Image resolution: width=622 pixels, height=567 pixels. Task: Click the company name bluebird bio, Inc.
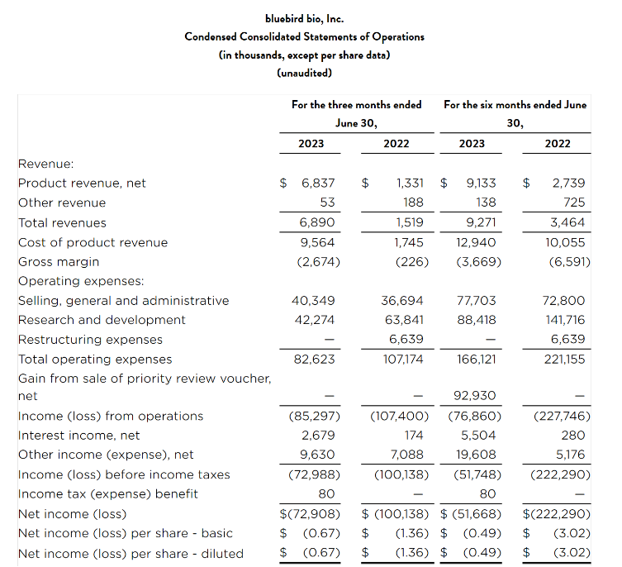305,18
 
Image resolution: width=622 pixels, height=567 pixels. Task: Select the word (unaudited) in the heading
305,73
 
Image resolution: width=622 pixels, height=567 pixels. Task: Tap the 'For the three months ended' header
356,105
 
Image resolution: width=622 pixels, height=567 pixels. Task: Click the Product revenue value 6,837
318,183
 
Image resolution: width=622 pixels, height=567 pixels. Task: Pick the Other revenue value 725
573,202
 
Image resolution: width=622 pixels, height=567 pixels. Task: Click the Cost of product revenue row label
93,242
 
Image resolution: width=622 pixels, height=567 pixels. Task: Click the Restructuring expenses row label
90,340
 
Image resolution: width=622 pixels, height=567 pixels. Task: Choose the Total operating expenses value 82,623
316,360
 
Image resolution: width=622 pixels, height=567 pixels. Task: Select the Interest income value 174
413,436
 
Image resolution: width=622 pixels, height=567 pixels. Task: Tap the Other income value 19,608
478,455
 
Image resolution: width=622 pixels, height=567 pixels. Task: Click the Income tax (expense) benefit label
108,494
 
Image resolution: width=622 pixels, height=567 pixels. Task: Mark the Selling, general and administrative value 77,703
477,301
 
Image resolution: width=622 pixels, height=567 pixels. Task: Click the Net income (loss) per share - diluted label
131,553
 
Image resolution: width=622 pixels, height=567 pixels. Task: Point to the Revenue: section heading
46,164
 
